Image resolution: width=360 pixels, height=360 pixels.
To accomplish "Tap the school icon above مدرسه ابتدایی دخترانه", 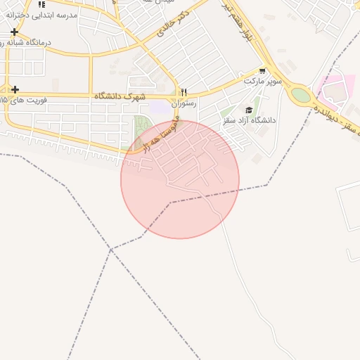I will pyautogui.click(x=41, y=4).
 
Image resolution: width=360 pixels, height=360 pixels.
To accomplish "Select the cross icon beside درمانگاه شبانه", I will pyautogui.click(x=14, y=32).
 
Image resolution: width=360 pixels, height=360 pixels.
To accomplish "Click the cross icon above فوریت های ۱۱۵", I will pyautogui.click(x=14, y=89).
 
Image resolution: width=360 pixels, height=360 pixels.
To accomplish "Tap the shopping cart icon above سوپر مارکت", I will pyautogui.click(x=263, y=70).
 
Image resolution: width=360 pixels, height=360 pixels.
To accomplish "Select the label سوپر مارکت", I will pyautogui.click(x=263, y=82).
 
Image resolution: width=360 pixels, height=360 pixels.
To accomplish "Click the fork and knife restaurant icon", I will pyautogui.click(x=184, y=92).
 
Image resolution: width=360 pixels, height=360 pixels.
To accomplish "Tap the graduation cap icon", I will pyautogui.click(x=249, y=110).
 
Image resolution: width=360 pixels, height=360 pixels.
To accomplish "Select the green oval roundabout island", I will pyautogui.click(x=301, y=94).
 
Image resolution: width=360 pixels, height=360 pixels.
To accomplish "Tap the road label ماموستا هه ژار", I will pyautogui.click(x=159, y=136).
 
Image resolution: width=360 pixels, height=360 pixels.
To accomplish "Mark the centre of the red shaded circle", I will pyautogui.click(x=180, y=179).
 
